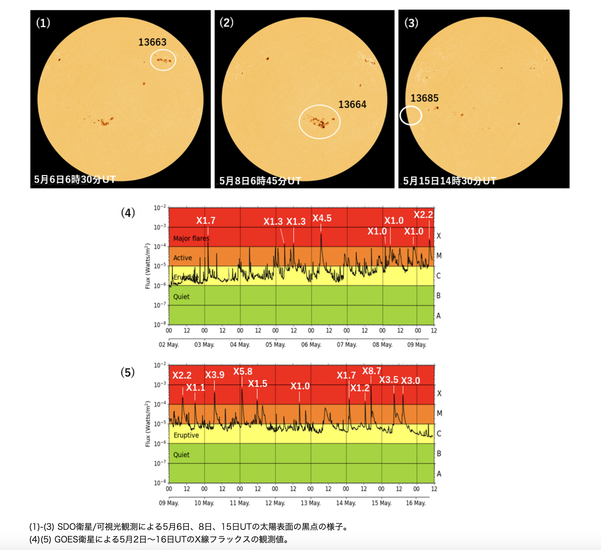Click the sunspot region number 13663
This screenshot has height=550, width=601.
(152, 42)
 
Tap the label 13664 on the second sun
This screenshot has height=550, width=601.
(352, 105)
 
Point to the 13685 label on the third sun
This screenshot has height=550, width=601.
(424, 98)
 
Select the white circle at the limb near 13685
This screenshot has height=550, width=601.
(411, 116)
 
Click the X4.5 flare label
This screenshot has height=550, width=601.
(322, 218)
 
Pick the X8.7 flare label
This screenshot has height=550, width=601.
(371, 371)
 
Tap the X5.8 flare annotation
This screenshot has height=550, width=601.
(242, 372)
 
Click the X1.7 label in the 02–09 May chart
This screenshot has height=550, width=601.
(206, 221)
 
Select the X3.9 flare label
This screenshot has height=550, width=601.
(215, 375)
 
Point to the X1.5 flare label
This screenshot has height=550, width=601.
(257, 384)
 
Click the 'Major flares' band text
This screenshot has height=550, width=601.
(191, 239)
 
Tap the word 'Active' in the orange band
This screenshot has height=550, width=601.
(183, 258)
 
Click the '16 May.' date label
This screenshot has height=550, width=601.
(416, 503)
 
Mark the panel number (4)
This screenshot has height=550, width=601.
(128, 213)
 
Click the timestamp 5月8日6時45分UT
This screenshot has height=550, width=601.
(260, 181)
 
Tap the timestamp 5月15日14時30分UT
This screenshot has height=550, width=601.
(449, 181)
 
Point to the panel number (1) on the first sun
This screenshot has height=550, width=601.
(43, 23)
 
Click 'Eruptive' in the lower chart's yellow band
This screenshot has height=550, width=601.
(186, 435)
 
